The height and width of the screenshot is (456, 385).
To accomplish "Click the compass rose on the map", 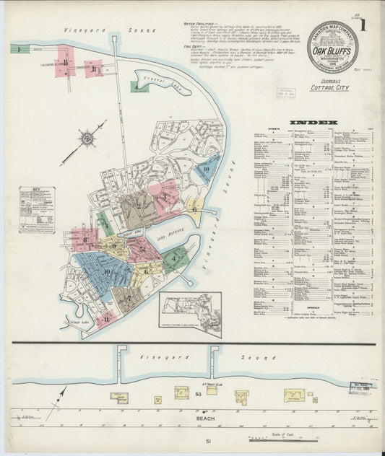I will [87, 138].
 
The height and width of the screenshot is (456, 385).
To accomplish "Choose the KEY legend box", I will [37, 209].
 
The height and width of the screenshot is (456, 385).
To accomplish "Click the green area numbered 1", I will [15, 49].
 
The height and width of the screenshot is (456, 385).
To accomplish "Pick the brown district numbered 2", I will [138, 206].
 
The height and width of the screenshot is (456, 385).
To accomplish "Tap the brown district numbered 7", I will [129, 298].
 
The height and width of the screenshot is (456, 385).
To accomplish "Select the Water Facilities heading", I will [199, 24].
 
